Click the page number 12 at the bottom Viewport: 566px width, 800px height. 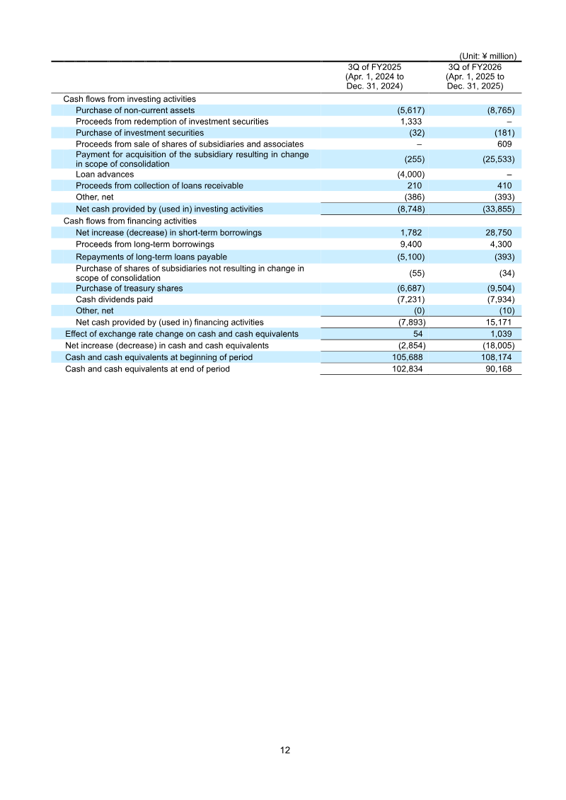click(285, 750)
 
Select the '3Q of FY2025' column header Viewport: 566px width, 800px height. click(374, 67)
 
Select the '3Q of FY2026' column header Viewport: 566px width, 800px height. click(475, 67)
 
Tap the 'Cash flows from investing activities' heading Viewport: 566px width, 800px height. click(129, 100)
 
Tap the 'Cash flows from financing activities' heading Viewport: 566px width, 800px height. click(130, 221)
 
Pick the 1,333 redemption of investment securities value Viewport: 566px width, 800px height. click(412, 122)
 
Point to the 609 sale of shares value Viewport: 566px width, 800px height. click(505, 144)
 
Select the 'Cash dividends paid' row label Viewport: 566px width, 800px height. click(115, 299)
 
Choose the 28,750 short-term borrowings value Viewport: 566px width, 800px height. click(499, 233)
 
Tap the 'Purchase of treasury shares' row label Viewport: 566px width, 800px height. click(129, 288)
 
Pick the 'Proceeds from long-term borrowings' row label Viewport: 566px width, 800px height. click(145, 244)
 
